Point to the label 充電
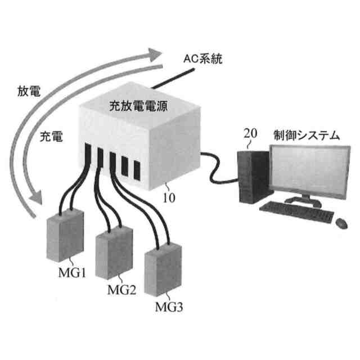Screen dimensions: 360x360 point(51,136)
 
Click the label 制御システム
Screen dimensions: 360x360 point(307,134)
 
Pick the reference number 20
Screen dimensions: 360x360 point(250,134)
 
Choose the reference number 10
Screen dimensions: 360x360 point(169,199)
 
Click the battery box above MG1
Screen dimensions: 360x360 point(65,236)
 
